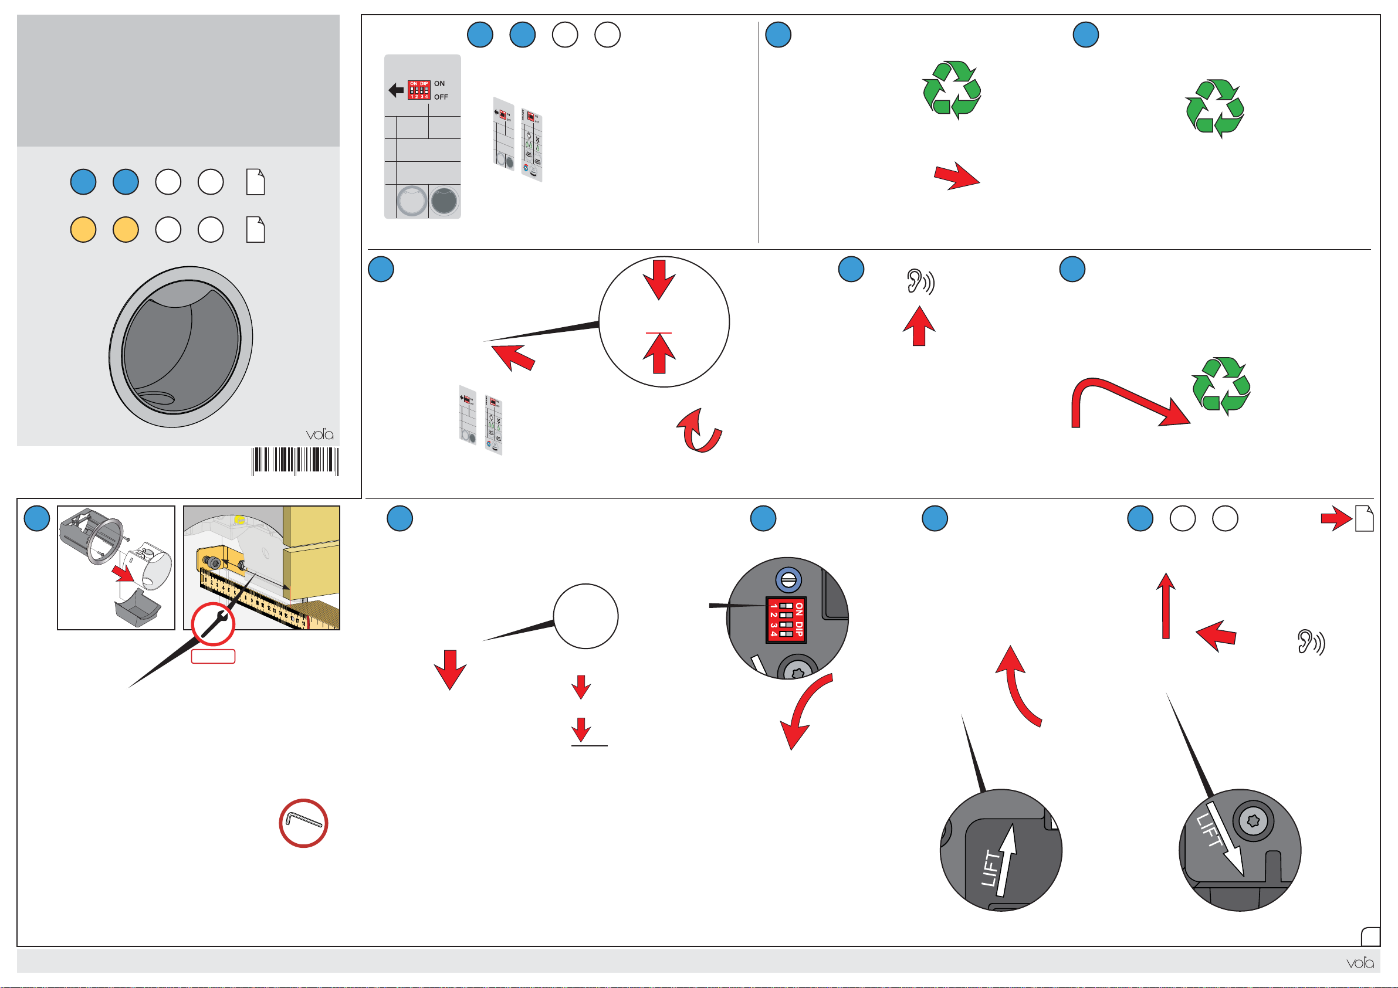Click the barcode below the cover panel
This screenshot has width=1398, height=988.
(295, 461)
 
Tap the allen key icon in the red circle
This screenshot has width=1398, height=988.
(303, 823)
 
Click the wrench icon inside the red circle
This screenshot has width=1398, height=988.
(214, 624)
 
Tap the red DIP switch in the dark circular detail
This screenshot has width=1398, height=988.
(786, 620)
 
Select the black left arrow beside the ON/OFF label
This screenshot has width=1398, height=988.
(396, 90)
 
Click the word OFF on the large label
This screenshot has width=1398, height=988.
(441, 97)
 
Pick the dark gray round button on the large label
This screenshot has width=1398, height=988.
(444, 202)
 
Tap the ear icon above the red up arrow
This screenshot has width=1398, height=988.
(919, 282)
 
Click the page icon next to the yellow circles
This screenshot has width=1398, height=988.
(255, 230)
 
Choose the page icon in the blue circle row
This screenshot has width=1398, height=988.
(255, 182)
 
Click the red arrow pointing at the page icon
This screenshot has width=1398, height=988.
(1336, 519)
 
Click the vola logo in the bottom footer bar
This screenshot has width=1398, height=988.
(1360, 962)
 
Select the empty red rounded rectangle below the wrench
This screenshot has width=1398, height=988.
(213, 656)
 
